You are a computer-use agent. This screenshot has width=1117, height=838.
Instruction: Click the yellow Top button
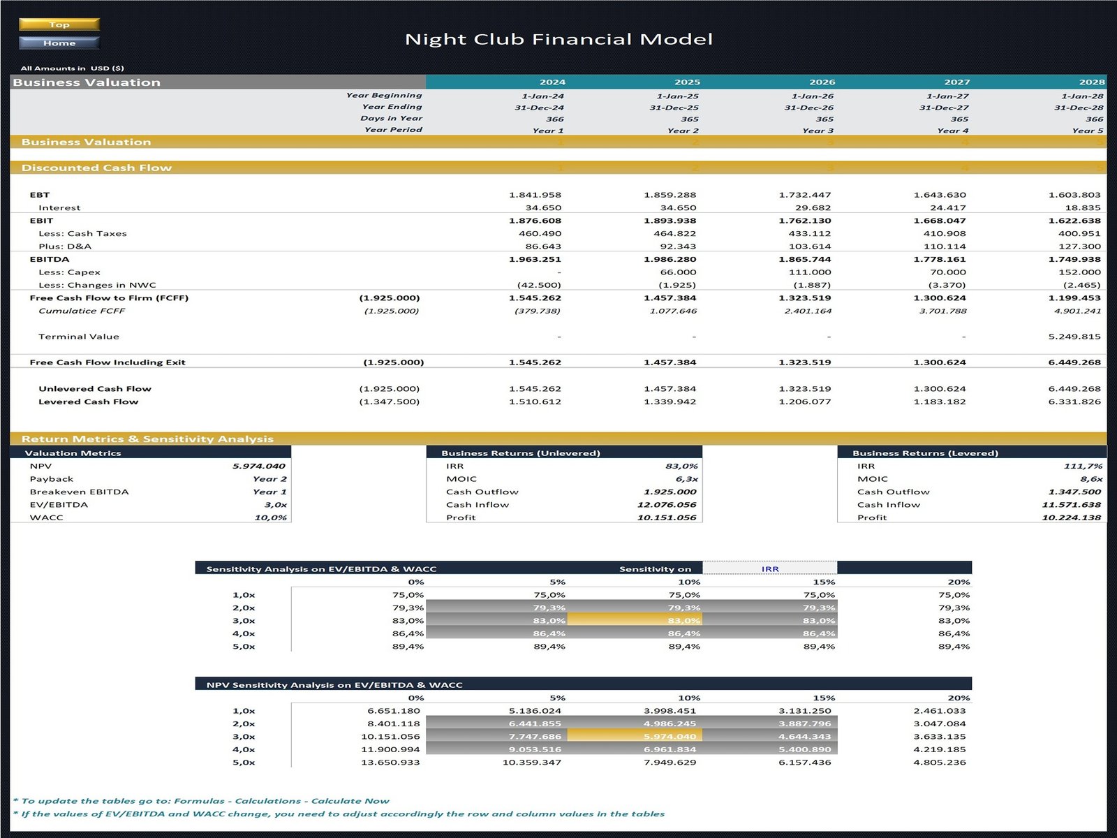pyautogui.click(x=59, y=24)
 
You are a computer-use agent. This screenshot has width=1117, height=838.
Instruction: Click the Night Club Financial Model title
pyautogui.click(x=558, y=39)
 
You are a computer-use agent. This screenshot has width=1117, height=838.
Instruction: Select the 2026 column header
pyautogui.click(x=822, y=82)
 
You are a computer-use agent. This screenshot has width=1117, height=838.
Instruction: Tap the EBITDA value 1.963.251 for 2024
pyautogui.click(x=535, y=259)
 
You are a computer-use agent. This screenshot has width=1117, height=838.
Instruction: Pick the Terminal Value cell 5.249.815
pyautogui.click(x=1074, y=337)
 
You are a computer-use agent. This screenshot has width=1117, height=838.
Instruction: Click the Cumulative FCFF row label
pyautogui.click(x=82, y=311)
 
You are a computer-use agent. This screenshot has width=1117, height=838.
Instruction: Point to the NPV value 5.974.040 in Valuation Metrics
pyautogui.click(x=258, y=466)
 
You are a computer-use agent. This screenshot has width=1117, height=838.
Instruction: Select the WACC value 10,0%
pyautogui.click(x=270, y=517)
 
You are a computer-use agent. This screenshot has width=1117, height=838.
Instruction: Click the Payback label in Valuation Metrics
pyautogui.click(x=52, y=479)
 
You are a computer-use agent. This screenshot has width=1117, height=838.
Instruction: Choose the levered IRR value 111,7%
pyautogui.click(x=1083, y=466)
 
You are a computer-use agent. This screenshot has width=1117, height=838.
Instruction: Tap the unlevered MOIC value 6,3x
pyautogui.click(x=686, y=479)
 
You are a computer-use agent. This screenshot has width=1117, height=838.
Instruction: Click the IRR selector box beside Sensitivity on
pyautogui.click(x=769, y=568)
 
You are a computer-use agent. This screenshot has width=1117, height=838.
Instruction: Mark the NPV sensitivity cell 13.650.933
pyautogui.click(x=390, y=762)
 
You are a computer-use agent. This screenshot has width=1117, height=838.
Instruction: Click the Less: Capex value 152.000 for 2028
pyautogui.click(x=1079, y=272)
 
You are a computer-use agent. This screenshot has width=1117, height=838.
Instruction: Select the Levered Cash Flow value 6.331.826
pyautogui.click(x=1074, y=402)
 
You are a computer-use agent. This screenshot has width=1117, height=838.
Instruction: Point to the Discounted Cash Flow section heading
pyautogui.click(x=96, y=168)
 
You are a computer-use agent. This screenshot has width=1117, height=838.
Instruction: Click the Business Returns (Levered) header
pyautogui.click(x=925, y=453)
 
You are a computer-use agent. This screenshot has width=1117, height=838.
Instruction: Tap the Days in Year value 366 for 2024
pyautogui.click(x=554, y=119)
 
